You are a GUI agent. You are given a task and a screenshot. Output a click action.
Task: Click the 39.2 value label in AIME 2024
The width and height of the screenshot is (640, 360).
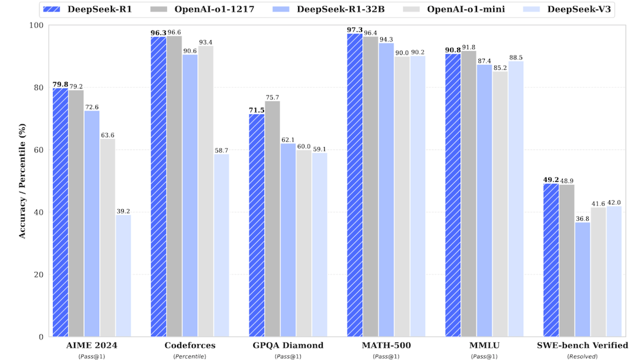pyautogui.click(x=123, y=211)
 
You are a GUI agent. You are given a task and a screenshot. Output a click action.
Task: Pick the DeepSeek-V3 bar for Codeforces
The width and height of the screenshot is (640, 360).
pyautogui.click(x=221, y=245)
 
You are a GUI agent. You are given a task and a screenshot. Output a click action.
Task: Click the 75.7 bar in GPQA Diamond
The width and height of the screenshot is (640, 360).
pyautogui.click(x=272, y=219)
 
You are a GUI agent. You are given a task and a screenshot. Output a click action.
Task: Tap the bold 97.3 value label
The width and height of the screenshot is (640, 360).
pyautogui.click(x=355, y=29)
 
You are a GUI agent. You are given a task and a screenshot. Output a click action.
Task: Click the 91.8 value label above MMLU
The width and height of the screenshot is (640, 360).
pyautogui.click(x=468, y=47)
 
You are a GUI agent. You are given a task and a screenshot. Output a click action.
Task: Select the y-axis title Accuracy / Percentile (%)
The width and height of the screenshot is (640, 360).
pyautogui.click(x=22, y=181)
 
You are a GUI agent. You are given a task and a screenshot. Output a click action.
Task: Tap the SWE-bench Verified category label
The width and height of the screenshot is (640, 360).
pyautogui.click(x=582, y=346)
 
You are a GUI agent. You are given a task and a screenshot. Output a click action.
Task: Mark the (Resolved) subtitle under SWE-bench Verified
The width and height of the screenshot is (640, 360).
pyautogui.click(x=582, y=356)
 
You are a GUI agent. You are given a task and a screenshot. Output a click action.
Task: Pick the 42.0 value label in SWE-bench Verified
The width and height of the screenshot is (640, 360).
pyautogui.click(x=614, y=203)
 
